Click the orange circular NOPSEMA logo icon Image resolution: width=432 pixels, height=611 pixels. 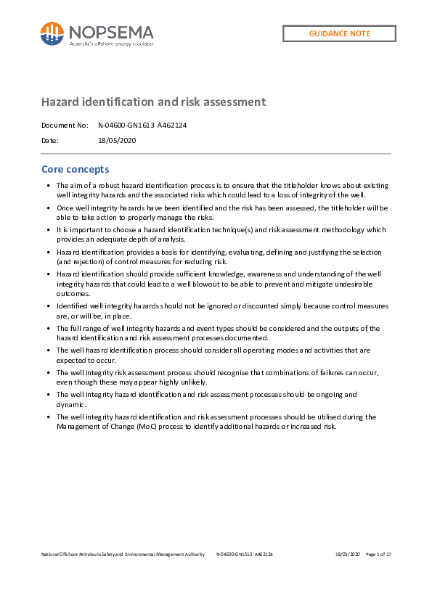tap(52, 33)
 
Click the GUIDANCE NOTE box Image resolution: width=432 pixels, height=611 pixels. tap(339, 33)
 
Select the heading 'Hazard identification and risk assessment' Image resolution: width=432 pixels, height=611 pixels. tap(153, 102)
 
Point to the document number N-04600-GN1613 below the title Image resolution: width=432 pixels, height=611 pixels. tap(126, 125)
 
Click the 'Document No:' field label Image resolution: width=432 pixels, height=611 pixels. tap(65, 125)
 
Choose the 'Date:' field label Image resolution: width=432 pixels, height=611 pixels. tap(50, 140)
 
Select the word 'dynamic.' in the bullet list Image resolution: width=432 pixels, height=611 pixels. tap(71, 404)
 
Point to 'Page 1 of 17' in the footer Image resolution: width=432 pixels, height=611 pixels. tap(379, 554)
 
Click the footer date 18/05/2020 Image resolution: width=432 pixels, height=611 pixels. tap(348, 554)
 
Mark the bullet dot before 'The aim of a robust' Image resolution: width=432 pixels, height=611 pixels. tap(47, 186)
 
